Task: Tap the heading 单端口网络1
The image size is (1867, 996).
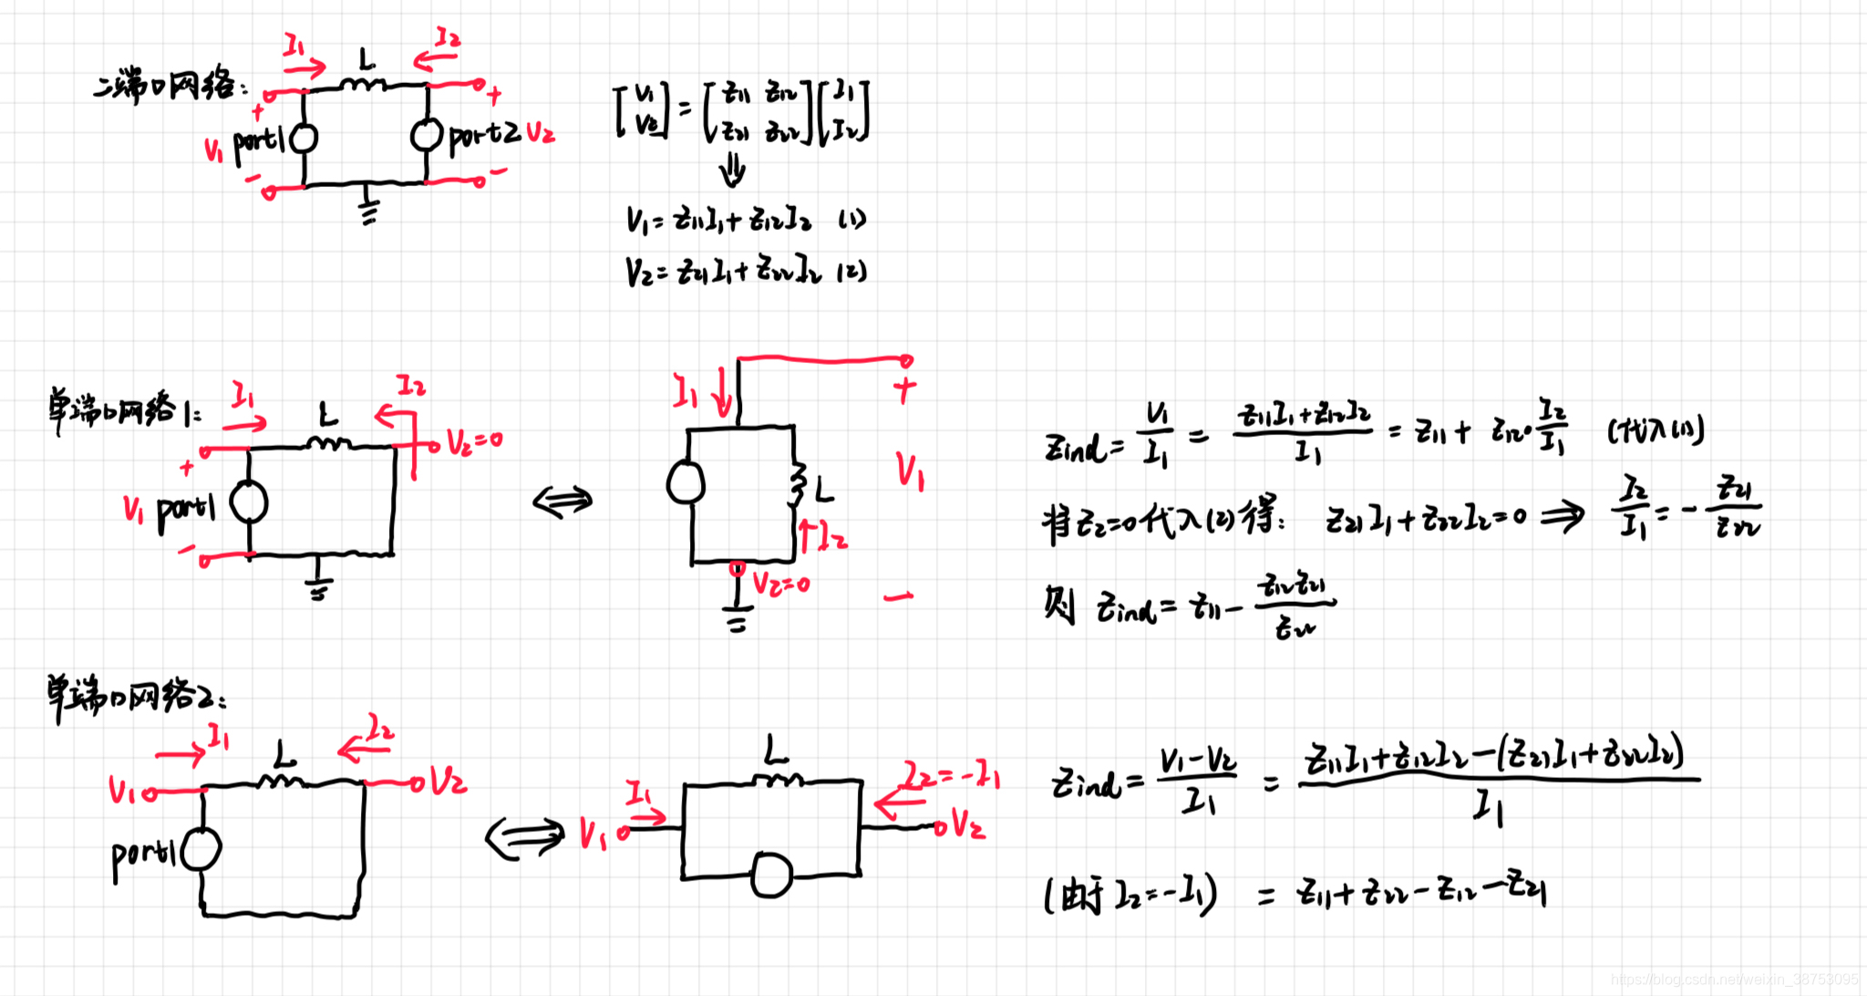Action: coord(124,410)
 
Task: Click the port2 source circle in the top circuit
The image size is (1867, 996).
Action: coord(426,136)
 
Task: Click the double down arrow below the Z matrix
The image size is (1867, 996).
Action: coord(732,171)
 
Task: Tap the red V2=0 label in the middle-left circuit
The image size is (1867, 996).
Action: coord(474,442)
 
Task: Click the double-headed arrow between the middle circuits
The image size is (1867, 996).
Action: coord(562,501)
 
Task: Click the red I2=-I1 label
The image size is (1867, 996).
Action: coord(953,776)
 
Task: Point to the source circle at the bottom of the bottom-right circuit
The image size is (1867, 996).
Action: coord(771,876)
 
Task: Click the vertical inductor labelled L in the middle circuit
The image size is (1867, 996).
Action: coord(799,483)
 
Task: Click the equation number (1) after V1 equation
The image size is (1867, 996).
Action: coord(851,220)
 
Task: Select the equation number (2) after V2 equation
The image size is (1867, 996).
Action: coord(851,272)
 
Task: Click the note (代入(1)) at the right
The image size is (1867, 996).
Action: coord(1656,429)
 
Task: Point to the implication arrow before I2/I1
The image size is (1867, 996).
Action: coord(1563,518)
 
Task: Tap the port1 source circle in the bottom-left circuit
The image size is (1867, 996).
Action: coord(201,850)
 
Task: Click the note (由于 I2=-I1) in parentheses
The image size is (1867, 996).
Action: coord(1130,895)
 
